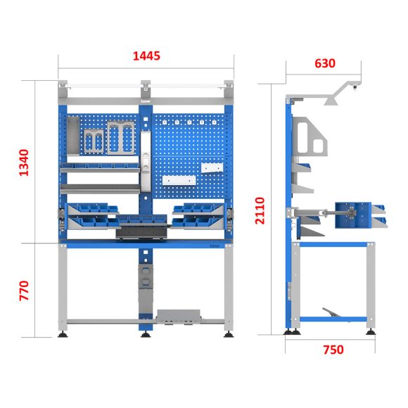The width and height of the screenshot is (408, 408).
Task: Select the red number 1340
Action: [x=24, y=162]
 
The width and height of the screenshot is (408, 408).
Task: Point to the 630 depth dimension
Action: [x=324, y=63]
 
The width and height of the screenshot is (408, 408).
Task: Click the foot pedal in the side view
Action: [x=336, y=314]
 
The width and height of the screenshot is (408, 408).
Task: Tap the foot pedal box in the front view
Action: [x=179, y=316]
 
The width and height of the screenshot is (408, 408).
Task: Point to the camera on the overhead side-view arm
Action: [x=355, y=88]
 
